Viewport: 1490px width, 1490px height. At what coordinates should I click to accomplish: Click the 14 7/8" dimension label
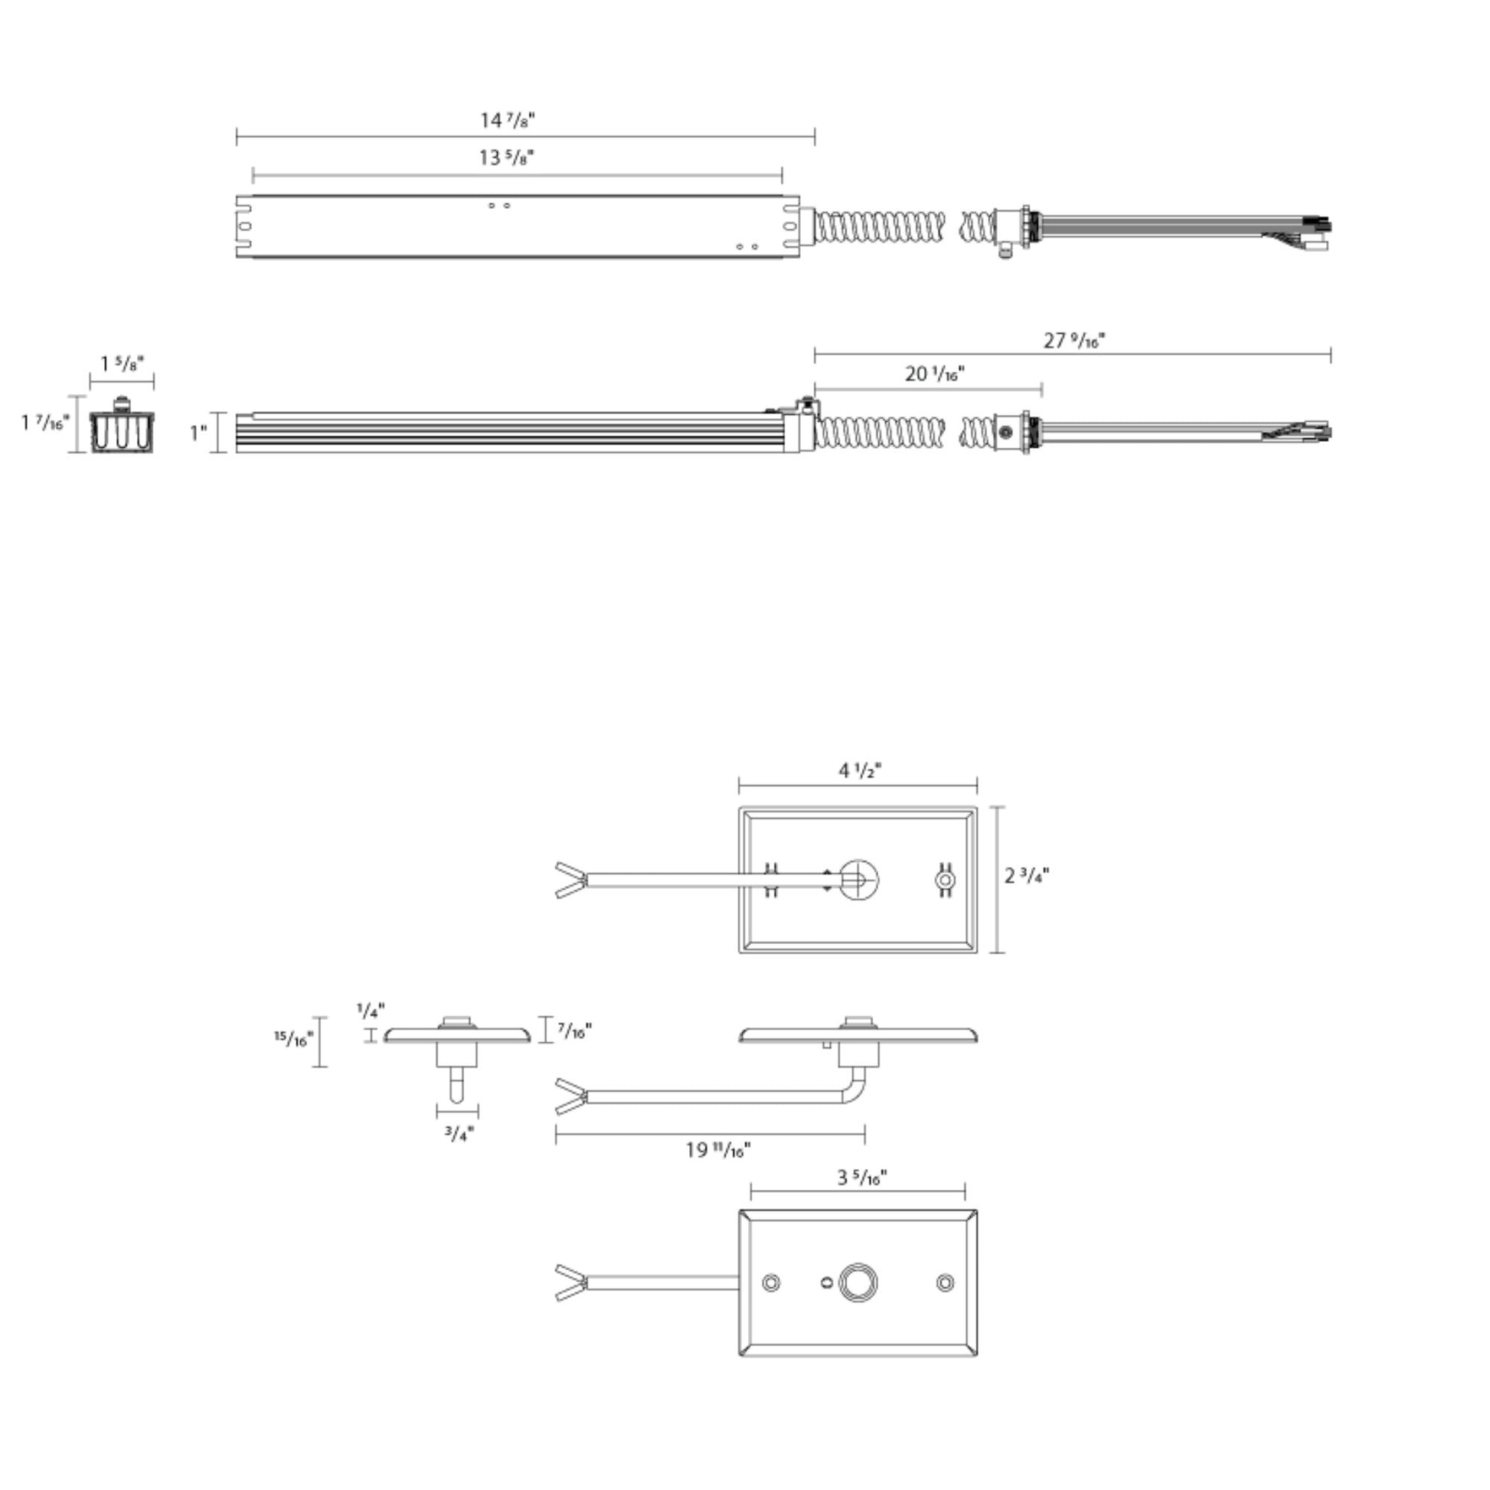point(508,120)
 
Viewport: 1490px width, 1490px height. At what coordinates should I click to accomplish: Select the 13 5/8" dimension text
point(506,157)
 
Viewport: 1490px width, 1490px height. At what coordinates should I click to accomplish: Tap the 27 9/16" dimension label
point(1073,340)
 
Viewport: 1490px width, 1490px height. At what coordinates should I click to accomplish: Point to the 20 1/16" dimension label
point(934,374)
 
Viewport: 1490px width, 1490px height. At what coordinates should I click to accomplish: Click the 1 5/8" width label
point(123,363)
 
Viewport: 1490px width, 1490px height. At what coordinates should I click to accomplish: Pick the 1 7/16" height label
point(45,423)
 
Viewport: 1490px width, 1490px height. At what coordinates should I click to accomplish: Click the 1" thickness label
point(199,433)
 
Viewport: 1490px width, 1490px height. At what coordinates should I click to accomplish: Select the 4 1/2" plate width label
point(860,770)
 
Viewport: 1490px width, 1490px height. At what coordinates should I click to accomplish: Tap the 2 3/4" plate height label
point(1027,875)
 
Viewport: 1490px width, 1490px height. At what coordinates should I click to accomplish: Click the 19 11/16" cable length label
point(718,1150)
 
